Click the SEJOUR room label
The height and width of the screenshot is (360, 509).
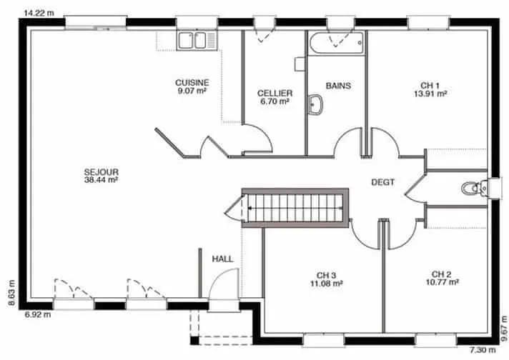(101, 176)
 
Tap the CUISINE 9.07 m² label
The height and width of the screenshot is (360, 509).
(192, 86)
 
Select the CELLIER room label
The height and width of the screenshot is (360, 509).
(275, 97)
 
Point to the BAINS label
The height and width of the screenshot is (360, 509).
(338, 86)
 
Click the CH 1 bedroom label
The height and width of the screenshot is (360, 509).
(430, 89)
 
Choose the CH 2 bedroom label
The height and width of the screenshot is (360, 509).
(442, 279)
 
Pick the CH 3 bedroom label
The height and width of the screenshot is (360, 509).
(327, 279)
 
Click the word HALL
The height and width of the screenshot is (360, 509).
(223, 259)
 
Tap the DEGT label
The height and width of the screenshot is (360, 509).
(382, 182)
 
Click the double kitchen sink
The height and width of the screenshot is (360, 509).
(197, 41)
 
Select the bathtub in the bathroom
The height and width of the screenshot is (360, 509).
(336, 42)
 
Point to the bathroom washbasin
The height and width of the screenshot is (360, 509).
(315, 104)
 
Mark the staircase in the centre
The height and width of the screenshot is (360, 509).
(295, 208)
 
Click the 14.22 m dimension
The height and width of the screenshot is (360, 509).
(39, 13)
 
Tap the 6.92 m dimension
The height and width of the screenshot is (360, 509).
(38, 314)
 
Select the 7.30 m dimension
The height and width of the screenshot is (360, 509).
(483, 350)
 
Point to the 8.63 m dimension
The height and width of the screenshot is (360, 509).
(11, 293)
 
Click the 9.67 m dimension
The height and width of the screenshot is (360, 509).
(504, 329)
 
